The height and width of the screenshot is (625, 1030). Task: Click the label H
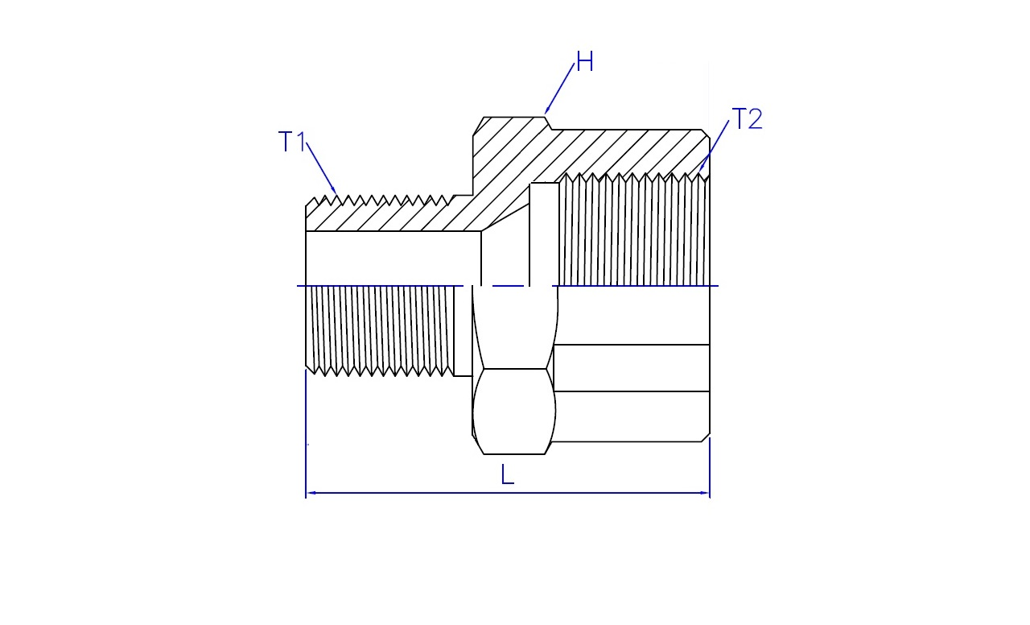coord(585,62)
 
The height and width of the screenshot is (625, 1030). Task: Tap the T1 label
coord(292,141)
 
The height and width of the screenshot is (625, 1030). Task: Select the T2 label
coord(747,118)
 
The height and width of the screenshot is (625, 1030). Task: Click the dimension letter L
coord(507,474)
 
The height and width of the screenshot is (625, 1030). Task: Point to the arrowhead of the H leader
coord(546,111)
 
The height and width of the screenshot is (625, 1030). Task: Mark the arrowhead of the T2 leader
coord(700,169)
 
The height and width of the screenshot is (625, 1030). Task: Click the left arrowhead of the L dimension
coord(311,493)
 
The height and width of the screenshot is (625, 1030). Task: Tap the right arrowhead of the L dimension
coord(705,493)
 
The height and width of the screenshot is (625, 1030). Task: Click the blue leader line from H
coord(559,89)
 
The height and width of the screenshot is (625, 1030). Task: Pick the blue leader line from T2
coord(714,146)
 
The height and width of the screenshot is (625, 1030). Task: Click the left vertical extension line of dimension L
coord(306,433)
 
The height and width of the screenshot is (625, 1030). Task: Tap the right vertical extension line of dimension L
coord(710,468)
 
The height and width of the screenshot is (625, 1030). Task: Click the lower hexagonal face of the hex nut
coord(514,412)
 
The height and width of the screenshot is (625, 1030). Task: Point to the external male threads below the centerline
coord(380,331)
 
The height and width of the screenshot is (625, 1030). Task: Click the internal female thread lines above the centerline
coord(634,230)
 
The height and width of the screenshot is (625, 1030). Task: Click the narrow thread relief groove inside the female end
coord(544,234)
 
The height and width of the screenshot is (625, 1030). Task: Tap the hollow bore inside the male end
coord(393,259)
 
